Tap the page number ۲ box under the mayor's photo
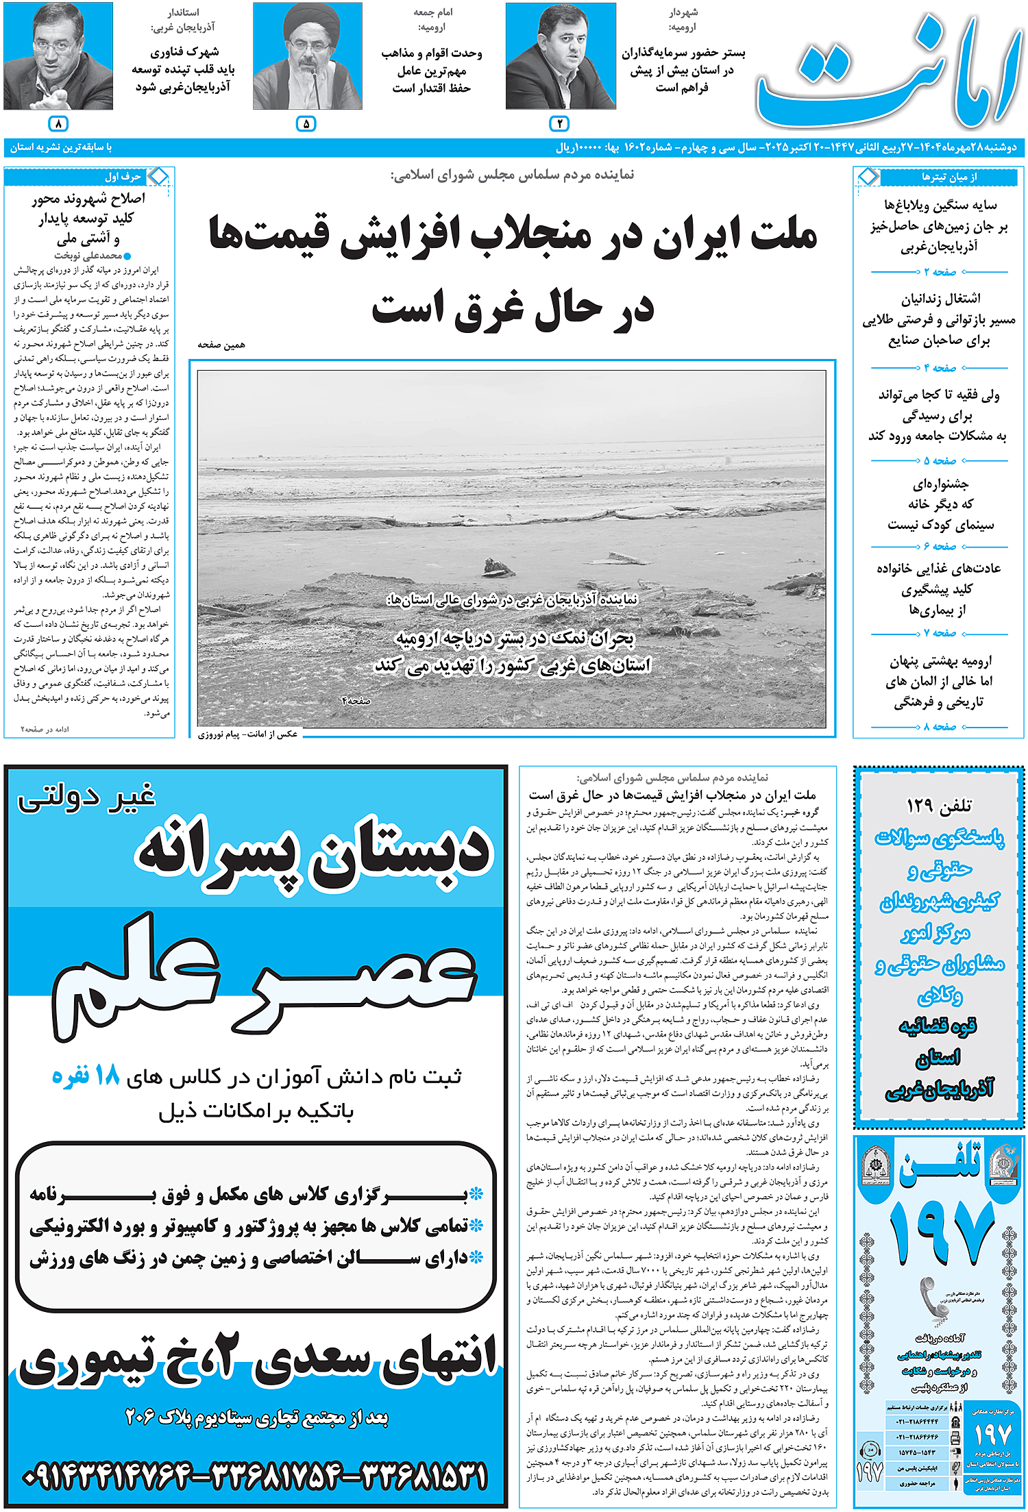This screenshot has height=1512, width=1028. pyautogui.click(x=559, y=123)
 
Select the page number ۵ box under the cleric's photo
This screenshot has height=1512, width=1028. pyautogui.click(x=306, y=123)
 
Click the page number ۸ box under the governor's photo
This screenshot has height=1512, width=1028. pyautogui.click(x=58, y=123)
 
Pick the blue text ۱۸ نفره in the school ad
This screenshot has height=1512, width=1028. pyautogui.click(x=86, y=1076)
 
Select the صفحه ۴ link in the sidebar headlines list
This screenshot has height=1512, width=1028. pyautogui.click(x=940, y=368)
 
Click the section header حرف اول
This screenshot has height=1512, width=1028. pyautogui.click(x=123, y=177)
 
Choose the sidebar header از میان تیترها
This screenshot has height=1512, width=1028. pyautogui.click(x=949, y=177)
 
